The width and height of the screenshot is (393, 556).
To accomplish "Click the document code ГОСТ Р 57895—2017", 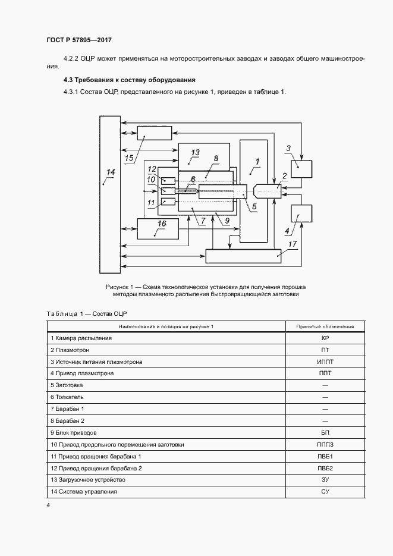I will (78, 40).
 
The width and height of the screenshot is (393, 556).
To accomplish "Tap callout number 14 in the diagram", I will (110, 173).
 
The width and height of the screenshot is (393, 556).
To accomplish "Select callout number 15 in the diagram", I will (129, 158).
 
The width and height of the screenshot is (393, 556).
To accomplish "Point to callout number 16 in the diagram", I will (162, 223).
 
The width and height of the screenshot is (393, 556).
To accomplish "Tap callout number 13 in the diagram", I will (195, 153).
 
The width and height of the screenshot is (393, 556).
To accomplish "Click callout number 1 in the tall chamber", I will (257, 161).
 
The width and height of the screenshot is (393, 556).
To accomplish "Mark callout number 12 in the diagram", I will (152, 168).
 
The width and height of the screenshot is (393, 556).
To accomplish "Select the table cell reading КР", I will (325, 338).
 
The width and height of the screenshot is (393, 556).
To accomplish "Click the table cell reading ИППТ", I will (325, 362).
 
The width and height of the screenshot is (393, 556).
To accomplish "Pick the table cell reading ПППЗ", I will (325, 444).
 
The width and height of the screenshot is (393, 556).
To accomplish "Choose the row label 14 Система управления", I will (84, 492).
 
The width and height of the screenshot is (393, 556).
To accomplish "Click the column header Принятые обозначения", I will (325, 326).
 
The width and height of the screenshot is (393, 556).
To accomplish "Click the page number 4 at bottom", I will (48, 505).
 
